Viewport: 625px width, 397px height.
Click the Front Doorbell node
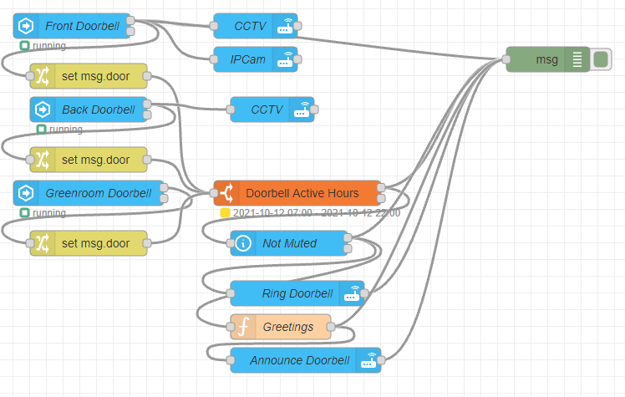[82, 26]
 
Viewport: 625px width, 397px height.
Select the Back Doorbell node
[97, 109]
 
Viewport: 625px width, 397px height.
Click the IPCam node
[250, 59]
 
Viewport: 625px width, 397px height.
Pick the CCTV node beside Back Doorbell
[267, 109]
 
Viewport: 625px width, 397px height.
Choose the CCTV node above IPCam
[250, 26]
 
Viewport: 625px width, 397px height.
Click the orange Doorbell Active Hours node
[302, 193]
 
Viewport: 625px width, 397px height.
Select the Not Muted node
[289, 243]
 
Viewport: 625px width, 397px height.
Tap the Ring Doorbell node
[297, 293]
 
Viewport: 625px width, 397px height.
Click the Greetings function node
[287, 327]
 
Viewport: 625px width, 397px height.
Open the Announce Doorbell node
[299, 360]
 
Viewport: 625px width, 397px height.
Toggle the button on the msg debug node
[601, 59]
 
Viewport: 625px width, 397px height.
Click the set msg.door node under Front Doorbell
[94, 76]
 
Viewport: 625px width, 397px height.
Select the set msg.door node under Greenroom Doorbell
[94, 243]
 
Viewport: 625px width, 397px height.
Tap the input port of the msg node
[506, 59]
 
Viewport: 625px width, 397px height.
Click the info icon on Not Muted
[243, 243]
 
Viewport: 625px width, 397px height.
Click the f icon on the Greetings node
[243, 327]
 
